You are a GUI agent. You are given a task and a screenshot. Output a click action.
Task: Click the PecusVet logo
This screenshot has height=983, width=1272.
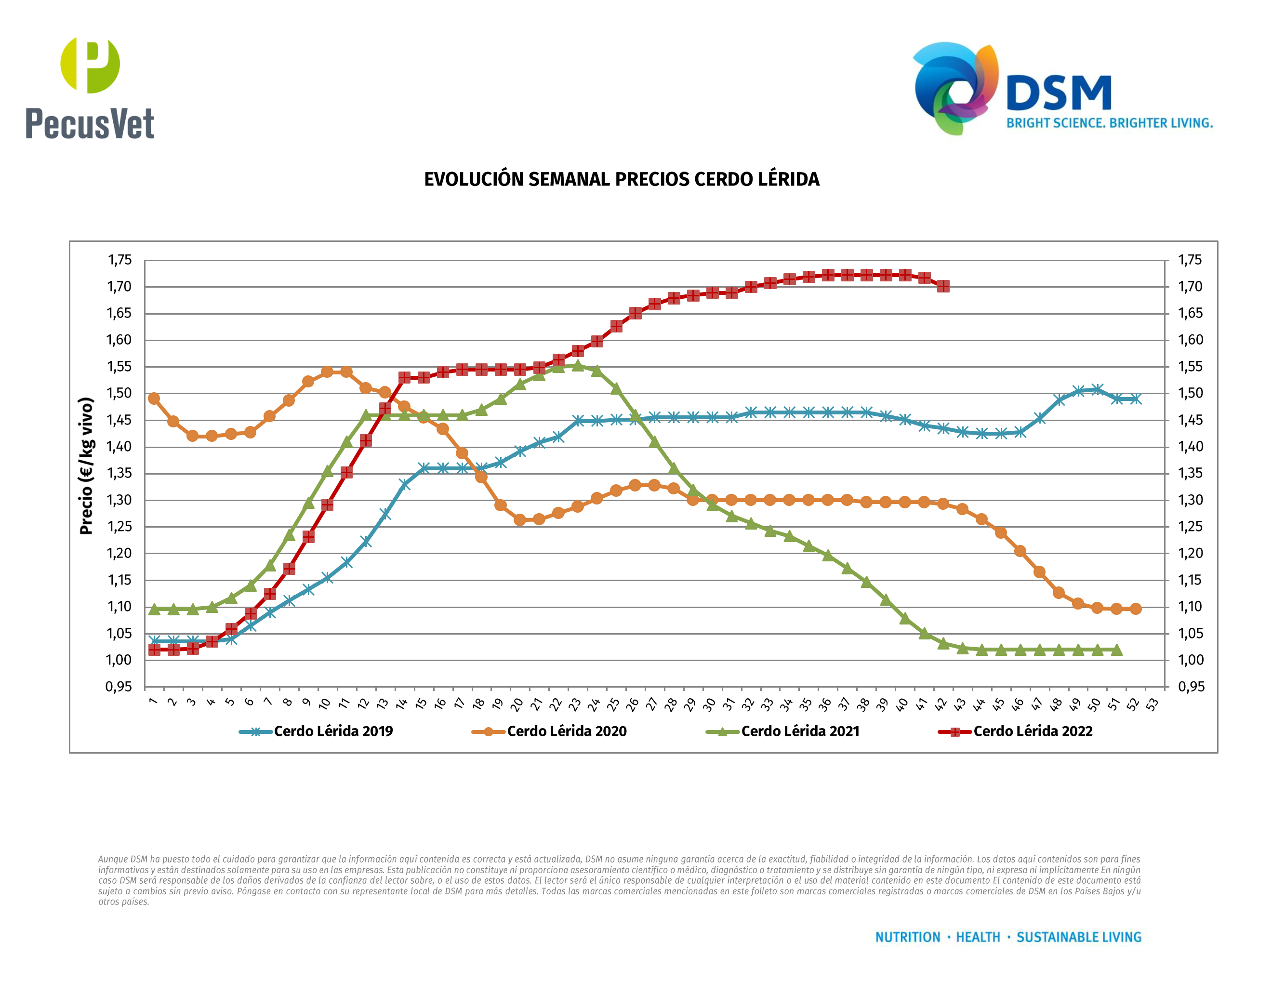pos(90,87)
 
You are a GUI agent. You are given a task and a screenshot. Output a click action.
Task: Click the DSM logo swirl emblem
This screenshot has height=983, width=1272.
pos(955,87)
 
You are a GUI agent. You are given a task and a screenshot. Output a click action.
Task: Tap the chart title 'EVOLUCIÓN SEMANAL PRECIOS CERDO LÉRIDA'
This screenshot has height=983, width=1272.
pos(622,179)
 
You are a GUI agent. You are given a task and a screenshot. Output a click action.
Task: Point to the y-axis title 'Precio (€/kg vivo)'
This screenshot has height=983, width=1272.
pos(86,466)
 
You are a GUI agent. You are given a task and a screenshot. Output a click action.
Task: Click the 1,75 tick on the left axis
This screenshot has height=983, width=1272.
pos(119,260)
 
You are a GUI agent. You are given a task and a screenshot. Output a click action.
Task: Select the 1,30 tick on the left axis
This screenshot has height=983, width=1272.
pos(119,500)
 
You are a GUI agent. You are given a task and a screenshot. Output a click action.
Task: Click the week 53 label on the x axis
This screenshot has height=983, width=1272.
pos(1152,704)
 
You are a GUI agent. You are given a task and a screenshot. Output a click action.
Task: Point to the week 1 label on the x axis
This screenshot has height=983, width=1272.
pos(153,701)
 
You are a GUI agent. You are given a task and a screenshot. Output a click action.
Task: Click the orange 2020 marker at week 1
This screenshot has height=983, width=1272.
pos(154,399)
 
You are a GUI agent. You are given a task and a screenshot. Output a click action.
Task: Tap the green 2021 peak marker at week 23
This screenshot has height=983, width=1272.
pos(578,366)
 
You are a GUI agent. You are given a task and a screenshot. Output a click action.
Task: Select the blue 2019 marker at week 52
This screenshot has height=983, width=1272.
pos(1135,399)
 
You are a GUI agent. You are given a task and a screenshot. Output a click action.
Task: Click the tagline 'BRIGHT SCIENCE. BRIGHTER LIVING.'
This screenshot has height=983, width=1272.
pos(1110,123)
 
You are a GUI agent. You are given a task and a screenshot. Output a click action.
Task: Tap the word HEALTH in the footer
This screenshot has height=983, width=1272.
pos(978,937)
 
